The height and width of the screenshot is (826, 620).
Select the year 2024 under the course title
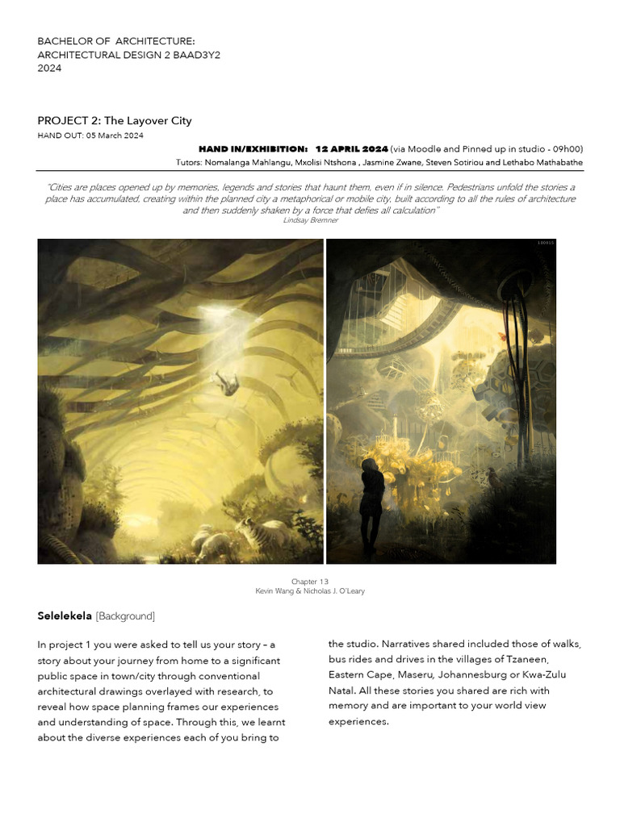50,68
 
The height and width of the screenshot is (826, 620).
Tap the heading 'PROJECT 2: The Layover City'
115,121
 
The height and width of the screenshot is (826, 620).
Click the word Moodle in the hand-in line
430,149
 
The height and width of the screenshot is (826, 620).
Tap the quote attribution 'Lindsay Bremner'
311,220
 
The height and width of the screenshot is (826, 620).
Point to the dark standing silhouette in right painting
373,505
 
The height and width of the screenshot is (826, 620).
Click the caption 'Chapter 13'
310,581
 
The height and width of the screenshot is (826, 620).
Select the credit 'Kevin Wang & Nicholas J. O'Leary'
310,591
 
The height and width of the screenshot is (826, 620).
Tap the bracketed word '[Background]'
125,616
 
